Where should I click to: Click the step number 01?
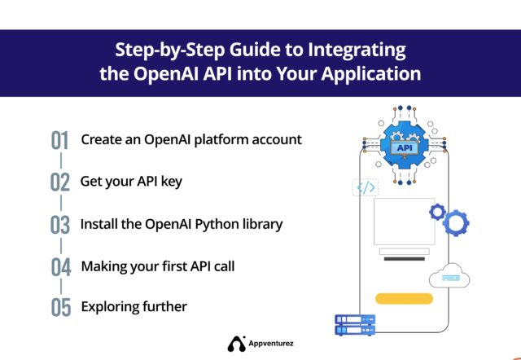[x=60, y=140]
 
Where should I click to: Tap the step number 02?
[x=60, y=182]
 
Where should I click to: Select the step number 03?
[x=60, y=225]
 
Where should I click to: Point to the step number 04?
[x=60, y=267]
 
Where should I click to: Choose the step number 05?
[x=60, y=309]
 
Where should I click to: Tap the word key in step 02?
[x=171, y=181]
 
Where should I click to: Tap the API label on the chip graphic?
[x=401, y=148]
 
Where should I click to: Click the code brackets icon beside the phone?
[x=366, y=188]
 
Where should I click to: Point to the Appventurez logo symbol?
[x=236, y=345]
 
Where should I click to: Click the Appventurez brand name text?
[x=273, y=345]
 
